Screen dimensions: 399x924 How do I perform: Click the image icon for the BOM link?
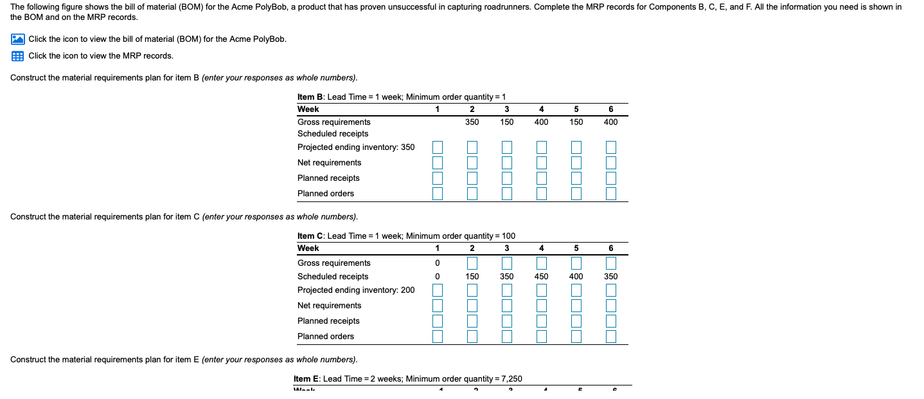[17, 39]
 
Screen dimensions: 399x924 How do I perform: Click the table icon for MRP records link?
[17, 56]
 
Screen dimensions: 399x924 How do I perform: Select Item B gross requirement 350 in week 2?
[472, 122]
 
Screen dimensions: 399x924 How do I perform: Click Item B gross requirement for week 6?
[610, 122]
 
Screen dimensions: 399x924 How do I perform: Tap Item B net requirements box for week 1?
[438, 163]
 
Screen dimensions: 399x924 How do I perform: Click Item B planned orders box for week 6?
[610, 193]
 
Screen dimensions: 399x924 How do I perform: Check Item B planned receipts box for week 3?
[507, 178]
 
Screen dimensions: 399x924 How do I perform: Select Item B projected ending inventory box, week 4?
[541, 147]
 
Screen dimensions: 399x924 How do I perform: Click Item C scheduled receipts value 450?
[541, 277]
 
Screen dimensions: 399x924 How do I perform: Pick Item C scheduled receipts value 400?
[576, 277]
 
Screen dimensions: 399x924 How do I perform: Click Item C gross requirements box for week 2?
[472, 263]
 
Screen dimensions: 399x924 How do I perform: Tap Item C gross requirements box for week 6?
[610, 263]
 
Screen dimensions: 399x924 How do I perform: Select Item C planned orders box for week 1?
[438, 336]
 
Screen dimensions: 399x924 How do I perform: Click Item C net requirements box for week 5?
[576, 306]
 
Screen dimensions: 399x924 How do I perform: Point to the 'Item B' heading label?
[310, 97]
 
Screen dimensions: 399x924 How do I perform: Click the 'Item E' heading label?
[307, 379]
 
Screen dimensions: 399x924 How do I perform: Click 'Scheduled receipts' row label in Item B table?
[333, 134]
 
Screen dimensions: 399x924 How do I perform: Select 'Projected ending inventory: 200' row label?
[356, 290]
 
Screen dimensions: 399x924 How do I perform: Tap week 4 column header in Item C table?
[541, 248]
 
